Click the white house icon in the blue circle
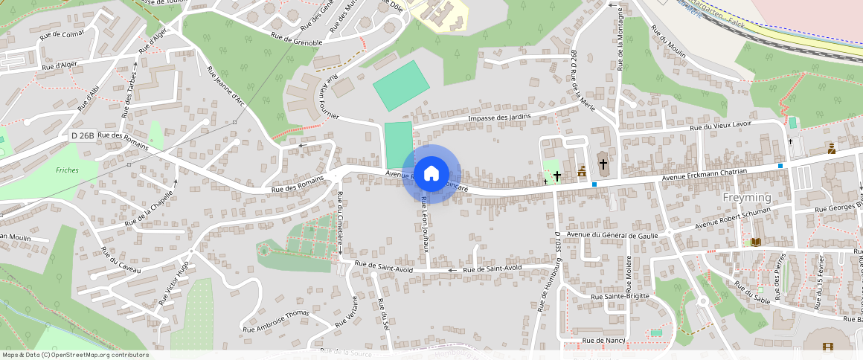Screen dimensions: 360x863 (x=431, y=174)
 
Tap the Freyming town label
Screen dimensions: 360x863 (x=747, y=198)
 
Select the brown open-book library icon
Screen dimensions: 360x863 (x=756, y=242)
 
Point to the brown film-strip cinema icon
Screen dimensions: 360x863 (x=828, y=347)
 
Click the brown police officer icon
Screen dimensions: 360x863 (x=831, y=149)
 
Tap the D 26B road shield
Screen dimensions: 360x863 (x=83, y=135)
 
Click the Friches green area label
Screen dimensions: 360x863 (x=67, y=170)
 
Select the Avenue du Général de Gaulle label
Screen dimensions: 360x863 (x=614, y=234)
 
